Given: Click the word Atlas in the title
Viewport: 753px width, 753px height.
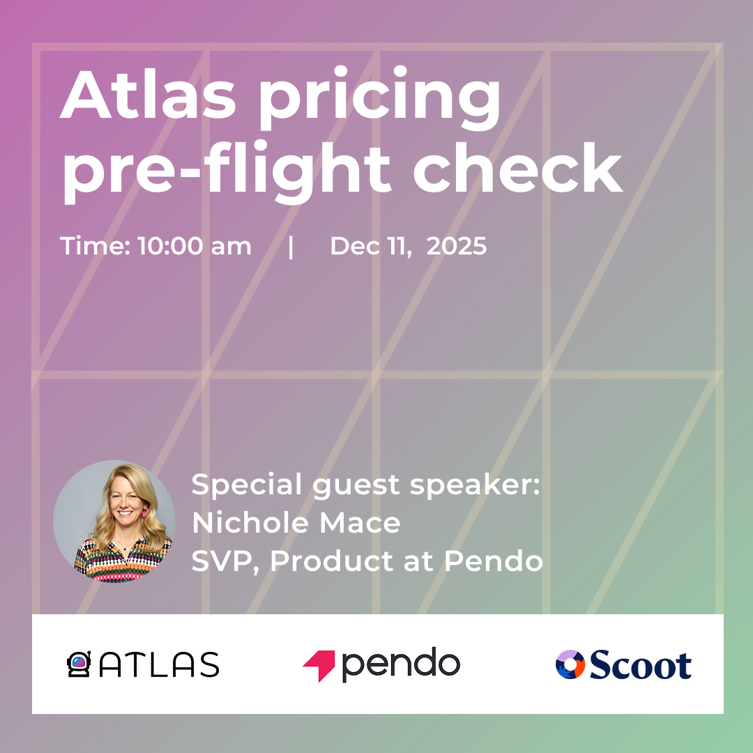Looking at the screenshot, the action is click(x=148, y=94).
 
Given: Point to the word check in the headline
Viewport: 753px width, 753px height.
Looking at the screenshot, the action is click(x=517, y=167).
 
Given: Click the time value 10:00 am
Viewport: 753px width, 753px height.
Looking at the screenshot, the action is click(x=195, y=246).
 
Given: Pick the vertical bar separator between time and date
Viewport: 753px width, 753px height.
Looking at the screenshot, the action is click(x=291, y=246).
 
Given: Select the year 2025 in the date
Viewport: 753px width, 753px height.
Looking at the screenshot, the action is click(x=456, y=246).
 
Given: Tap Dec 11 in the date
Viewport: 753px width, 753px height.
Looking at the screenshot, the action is click(x=371, y=246).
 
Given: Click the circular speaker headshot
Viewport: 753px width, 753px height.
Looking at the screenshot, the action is click(x=114, y=522).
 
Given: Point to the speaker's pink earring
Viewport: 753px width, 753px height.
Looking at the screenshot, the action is click(x=144, y=512).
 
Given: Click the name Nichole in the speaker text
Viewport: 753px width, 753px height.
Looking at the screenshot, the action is click(x=251, y=522).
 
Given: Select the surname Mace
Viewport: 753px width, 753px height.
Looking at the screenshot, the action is click(x=360, y=522).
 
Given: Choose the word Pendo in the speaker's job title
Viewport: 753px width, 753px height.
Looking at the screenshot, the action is click(x=493, y=561).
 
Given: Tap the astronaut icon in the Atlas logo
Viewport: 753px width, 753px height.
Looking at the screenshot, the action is click(x=79, y=664).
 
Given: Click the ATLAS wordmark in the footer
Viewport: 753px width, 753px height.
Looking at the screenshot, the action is click(x=159, y=664).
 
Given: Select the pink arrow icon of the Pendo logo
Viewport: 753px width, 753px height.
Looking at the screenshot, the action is click(x=320, y=664).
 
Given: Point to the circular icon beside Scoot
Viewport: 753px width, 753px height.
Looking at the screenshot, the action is click(x=570, y=664).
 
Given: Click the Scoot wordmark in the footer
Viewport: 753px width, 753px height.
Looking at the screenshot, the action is click(x=641, y=664).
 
